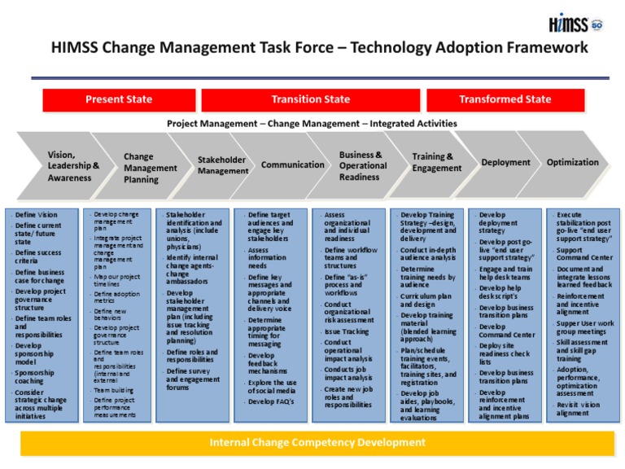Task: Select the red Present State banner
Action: coord(119,99)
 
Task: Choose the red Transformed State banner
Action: coord(505,99)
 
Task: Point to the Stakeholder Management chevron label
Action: coord(223,165)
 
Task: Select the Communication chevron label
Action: coord(292,164)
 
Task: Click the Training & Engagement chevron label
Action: coord(436,162)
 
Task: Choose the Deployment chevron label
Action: coord(505,163)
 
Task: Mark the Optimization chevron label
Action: coord(572,162)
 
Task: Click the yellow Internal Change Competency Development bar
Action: coord(317,443)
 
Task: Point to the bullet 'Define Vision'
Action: coord(37,215)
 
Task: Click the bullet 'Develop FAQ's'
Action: coord(272,401)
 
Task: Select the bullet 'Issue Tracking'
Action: coord(347,331)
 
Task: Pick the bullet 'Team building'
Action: coord(114,390)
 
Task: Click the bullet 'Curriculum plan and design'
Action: coord(426,300)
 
